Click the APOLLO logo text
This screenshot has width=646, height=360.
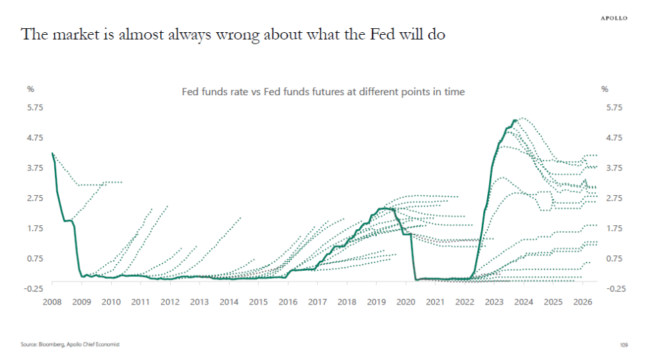point(612,18)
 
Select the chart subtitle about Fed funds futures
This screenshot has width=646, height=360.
point(323,92)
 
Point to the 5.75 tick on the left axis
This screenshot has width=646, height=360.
point(34,107)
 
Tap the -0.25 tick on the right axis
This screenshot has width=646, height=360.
point(614,288)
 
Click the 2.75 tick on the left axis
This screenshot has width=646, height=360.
point(34,198)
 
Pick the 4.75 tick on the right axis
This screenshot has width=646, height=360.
point(614,137)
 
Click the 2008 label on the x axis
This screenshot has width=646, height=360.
point(52,302)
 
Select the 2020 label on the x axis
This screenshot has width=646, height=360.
point(405,302)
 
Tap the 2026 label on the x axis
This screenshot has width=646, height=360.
point(582,302)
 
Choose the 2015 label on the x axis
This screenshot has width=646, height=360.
point(258,302)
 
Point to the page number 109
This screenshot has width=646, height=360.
point(623,345)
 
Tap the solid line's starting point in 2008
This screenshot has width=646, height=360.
point(52,153)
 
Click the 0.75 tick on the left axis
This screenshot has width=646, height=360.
point(34,258)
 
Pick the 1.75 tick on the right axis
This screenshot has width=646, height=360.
point(614,228)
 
